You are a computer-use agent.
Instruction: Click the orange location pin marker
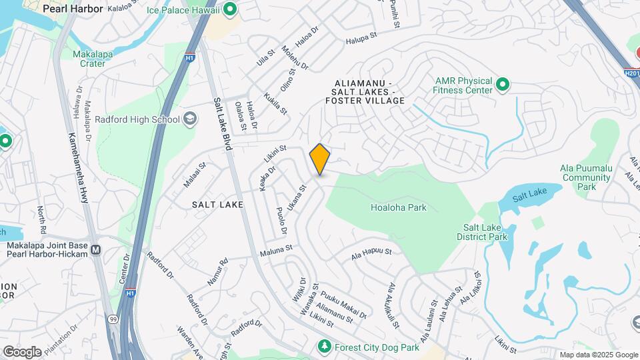[320, 159]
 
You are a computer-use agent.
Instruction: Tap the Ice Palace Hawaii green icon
[231, 9]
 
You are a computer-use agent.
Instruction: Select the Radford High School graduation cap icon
[190, 119]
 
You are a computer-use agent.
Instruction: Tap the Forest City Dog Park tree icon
[324, 347]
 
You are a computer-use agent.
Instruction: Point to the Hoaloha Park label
[398, 207]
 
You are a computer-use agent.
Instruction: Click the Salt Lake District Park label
[481, 232]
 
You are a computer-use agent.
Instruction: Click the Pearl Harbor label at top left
[73, 9]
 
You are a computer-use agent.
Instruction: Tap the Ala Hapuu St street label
[372, 253]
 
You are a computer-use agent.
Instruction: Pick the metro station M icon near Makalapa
[96, 250]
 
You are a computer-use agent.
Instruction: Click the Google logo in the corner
[22, 351]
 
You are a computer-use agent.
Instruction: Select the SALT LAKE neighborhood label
[217, 205]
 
